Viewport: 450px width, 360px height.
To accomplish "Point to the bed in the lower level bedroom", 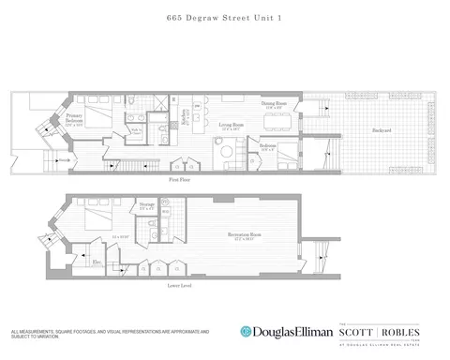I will (97, 221).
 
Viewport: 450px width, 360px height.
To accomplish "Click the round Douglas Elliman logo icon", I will (246, 330).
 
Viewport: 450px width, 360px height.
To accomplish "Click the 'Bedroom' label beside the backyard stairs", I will (267, 146).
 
